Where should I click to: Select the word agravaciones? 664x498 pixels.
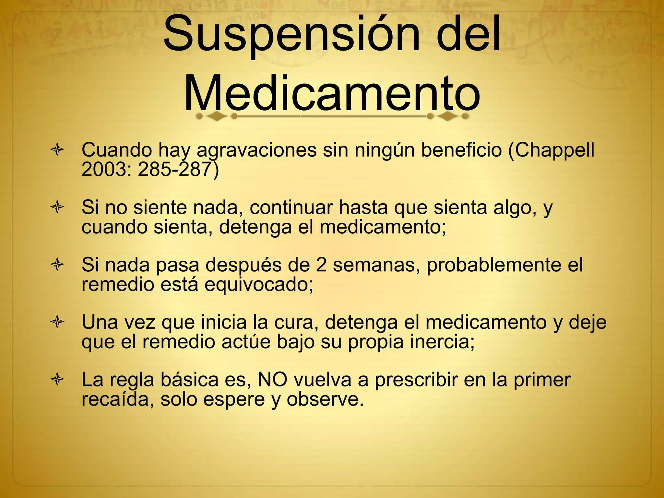256,150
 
